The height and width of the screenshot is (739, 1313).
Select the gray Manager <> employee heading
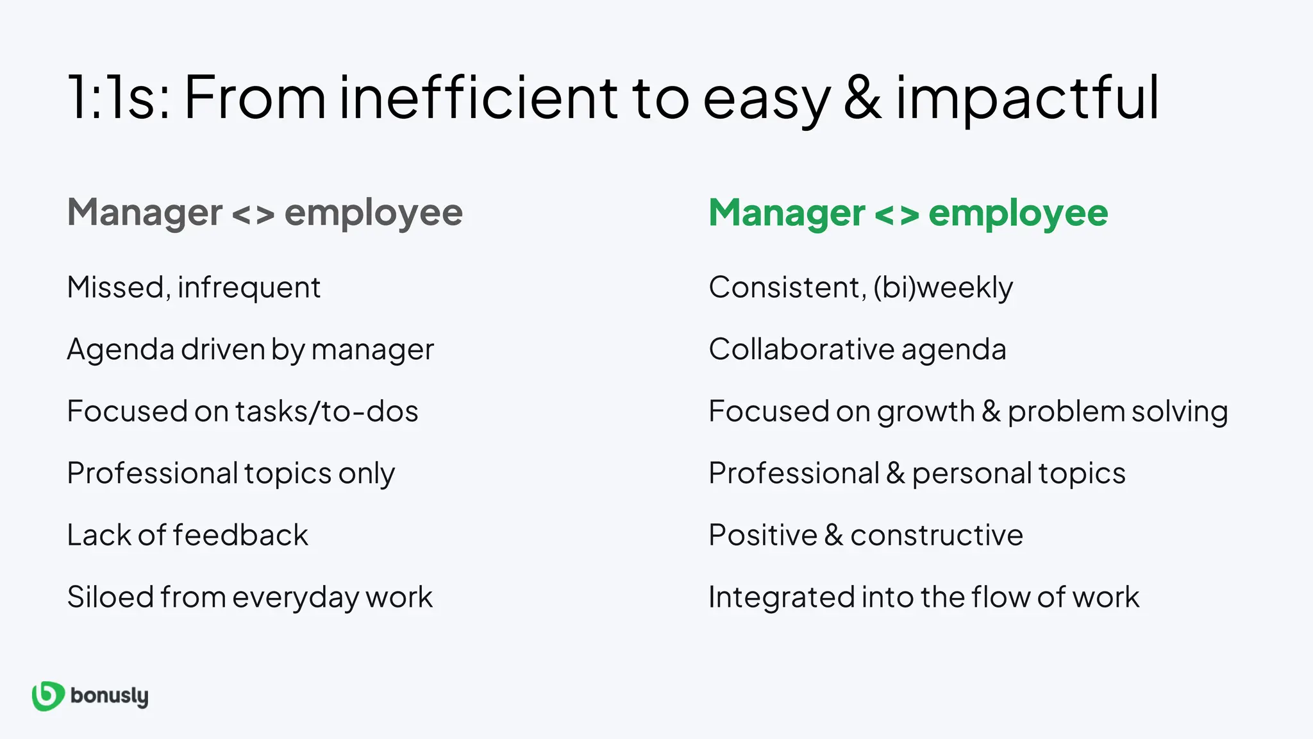[x=265, y=212]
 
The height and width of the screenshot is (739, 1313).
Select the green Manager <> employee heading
[x=908, y=212]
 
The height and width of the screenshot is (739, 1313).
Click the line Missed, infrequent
[x=194, y=287]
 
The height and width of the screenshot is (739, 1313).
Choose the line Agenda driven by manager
[x=250, y=350]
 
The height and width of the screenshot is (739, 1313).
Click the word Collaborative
[x=801, y=349]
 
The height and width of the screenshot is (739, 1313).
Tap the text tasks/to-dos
[x=327, y=411]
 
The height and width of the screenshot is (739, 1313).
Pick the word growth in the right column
[x=925, y=412]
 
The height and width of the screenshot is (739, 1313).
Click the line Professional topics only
[x=231, y=473]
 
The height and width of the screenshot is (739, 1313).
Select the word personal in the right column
[x=972, y=474]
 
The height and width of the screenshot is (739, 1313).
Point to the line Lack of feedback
[x=187, y=535]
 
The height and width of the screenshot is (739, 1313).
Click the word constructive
[x=937, y=535]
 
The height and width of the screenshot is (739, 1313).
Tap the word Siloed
[x=110, y=597]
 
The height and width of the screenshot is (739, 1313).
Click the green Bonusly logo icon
[x=48, y=696]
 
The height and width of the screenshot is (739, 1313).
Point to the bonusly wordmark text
[x=109, y=696]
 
